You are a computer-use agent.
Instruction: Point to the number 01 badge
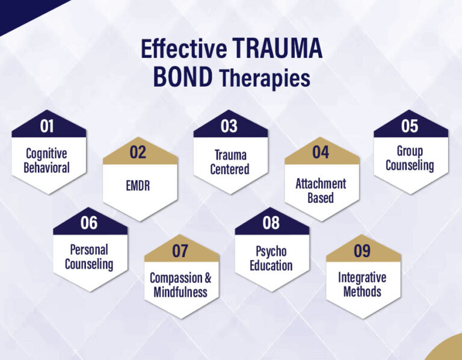coord(47,126)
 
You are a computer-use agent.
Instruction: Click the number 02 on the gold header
coord(138,153)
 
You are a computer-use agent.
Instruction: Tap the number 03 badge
coord(229,126)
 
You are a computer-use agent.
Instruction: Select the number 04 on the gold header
coord(321,153)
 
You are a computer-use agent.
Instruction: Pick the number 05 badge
coord(410,126)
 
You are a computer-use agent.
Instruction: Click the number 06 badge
coord(89,223)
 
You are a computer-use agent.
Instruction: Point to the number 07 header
coord(180,251)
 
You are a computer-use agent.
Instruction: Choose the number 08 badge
coord(271,223)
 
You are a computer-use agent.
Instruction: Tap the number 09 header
coord(362,251)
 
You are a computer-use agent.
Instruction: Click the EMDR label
coord(138,186)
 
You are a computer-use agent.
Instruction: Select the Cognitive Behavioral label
coord(47,160)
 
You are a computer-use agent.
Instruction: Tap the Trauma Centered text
coord(229,162)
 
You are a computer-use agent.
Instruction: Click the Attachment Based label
coord(321,190)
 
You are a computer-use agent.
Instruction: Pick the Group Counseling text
coord(410,158)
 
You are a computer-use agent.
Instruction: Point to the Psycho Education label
coord(271,258)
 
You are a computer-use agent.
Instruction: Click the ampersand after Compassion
coord(208,279)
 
